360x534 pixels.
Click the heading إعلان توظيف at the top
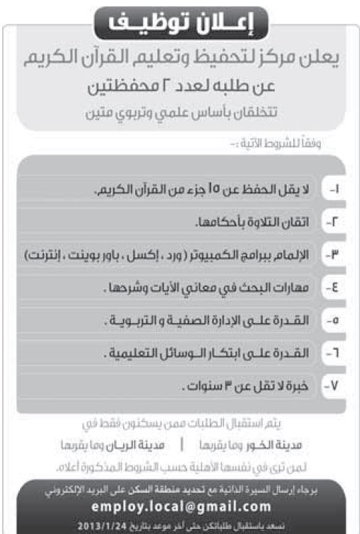coord(180,22)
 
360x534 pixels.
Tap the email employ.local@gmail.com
coord(181,506)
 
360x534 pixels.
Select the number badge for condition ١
coord(335,191)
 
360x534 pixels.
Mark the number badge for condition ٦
coord(335,353)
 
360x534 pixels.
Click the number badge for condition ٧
coord(335,386)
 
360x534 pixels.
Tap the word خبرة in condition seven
coord(299,386)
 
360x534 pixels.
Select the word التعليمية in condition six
coord(134,353)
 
